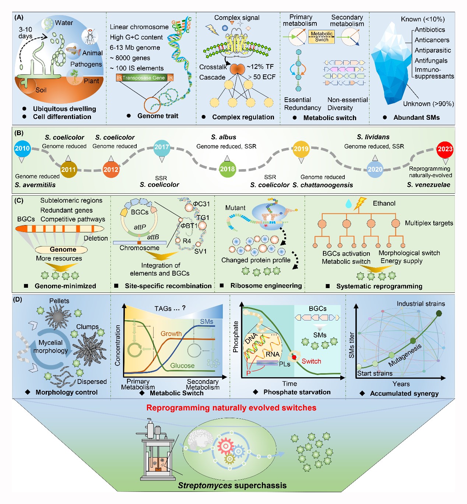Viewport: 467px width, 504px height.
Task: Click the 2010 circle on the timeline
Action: pos(22,148)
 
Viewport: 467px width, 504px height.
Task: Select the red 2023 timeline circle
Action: pos(445,149)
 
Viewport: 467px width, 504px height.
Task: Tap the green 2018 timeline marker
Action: pos(227,169)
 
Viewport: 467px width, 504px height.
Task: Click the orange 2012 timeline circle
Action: pos(111,169)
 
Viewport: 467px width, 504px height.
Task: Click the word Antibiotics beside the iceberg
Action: pos(429,30)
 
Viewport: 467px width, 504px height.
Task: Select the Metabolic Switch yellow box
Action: pos(322,36)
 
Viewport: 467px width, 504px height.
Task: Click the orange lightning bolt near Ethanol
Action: pos(360,203)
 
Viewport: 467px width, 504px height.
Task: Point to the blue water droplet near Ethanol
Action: pos(348,203)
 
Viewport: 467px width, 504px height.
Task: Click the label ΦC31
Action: pos(201,204)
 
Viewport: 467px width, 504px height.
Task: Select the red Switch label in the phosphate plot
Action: pos(311,361)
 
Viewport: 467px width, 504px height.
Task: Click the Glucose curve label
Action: pos(182,365)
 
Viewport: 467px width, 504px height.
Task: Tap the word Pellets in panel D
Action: pos(59,301)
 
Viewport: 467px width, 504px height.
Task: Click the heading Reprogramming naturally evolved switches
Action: pos(231,408)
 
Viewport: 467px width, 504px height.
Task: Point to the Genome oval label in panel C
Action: pos(63,249)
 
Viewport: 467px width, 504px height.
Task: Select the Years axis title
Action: pos(401,384)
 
